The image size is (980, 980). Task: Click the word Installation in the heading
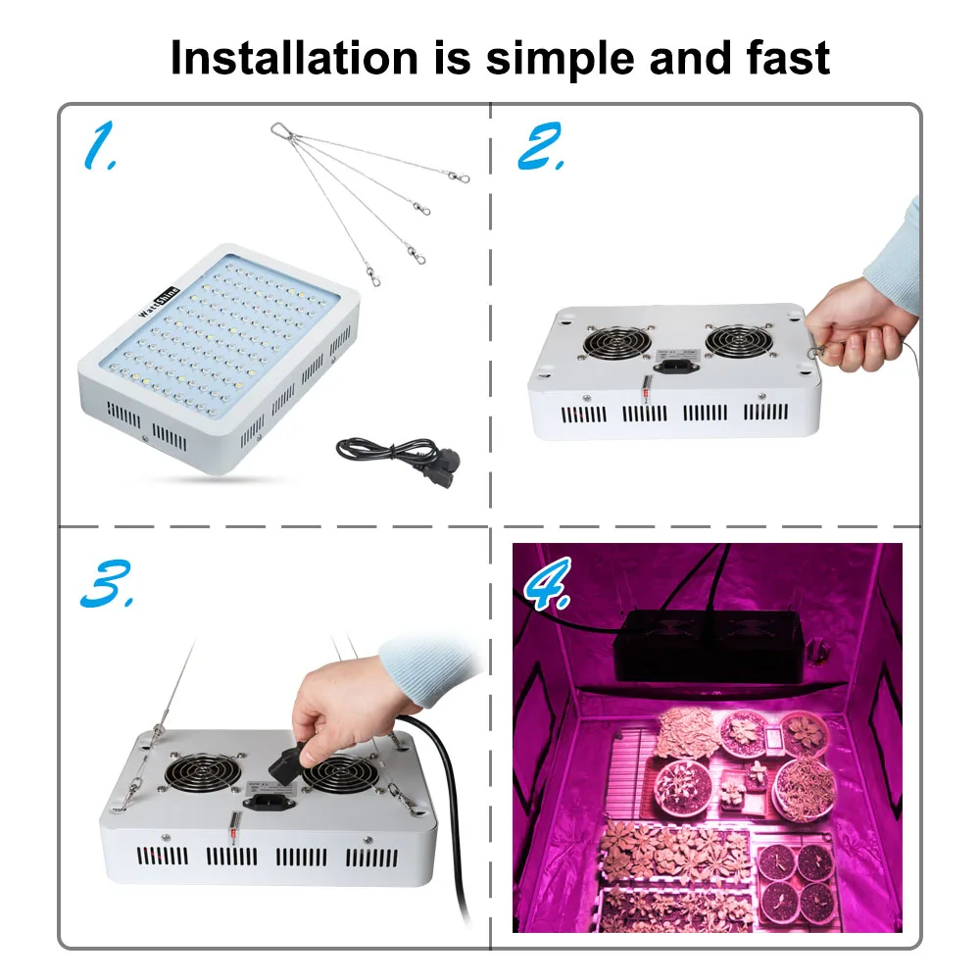tap(294, 58)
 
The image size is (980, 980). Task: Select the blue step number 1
tap(101, 146)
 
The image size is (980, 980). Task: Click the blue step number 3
tap(107, 583)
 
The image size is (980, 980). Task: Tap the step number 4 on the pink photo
tap(547, 584)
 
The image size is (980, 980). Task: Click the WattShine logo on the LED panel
tap(159, 302)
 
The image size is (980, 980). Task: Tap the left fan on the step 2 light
tap(616, 342)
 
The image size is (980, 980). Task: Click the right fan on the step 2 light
tap(739, 341)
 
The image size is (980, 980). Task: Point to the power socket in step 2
tap(675, 364)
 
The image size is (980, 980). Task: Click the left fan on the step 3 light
tap(203, 772)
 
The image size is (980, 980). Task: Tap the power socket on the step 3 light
tap(267, 802)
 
